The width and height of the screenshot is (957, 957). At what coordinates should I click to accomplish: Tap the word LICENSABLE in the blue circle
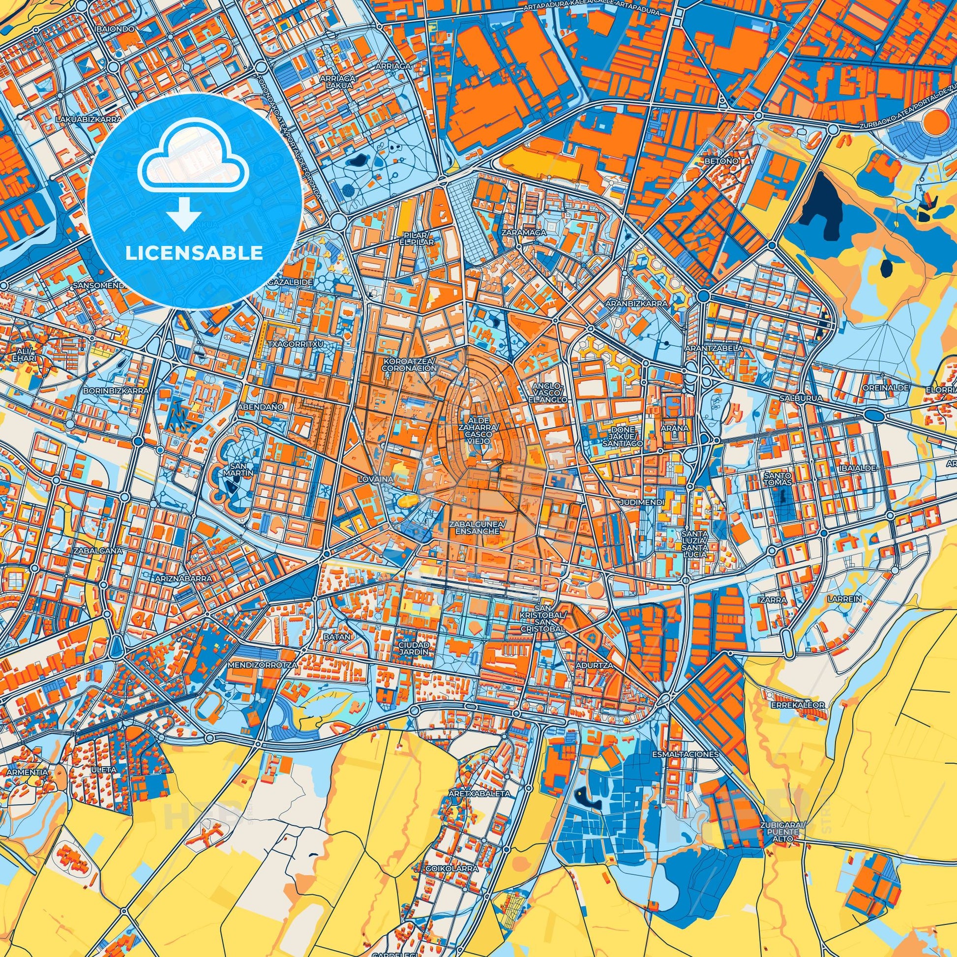pyautogui.click(x=195, y=253)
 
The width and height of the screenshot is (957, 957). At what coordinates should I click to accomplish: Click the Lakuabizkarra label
pyautogui.click(x=89, y=120)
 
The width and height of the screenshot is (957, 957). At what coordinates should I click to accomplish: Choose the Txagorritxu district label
pyautogui.click(x=298, y=343)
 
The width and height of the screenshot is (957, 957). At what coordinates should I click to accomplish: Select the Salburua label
pyautogui.click(x=793, y=398)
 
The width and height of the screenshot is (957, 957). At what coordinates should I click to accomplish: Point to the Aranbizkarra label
pyautogui.click(x=635, y=303)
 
